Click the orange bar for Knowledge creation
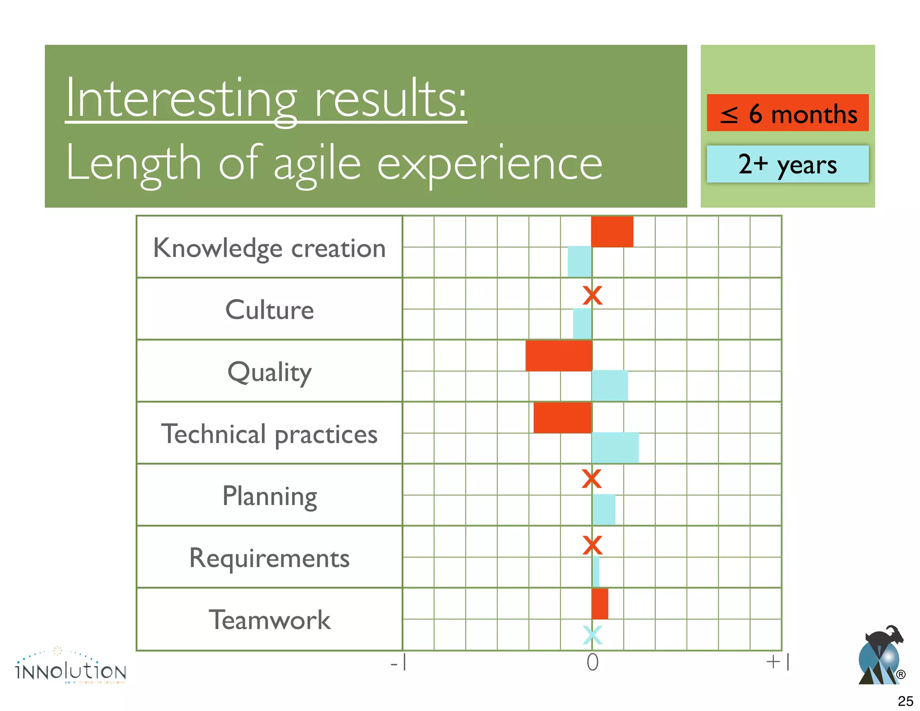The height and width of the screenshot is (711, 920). pos(612,232)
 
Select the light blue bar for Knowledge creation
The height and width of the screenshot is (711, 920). pos(579,262)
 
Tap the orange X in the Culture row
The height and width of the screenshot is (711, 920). pos(592,296)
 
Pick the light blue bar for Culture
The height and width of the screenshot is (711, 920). pos(582,324)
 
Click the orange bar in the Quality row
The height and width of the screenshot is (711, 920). pos(559,356)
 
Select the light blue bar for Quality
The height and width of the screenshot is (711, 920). pos(610,386)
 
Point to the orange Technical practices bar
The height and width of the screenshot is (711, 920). pos(562,418)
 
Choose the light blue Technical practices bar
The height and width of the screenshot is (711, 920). pos(615,448)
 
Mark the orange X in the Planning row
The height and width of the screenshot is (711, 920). pos(591,479)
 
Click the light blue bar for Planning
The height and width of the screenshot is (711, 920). pos(604,510)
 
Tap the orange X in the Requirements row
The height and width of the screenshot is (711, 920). pos(592,545)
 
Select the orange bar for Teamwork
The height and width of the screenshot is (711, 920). pos(600,604)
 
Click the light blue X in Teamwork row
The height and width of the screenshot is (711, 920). pos(592,635)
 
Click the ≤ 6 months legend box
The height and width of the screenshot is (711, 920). pos(787,113)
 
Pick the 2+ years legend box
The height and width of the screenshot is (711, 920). pos(787,164)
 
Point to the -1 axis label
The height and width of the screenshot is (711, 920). pos(399,662)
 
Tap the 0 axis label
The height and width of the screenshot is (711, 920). pos(593,662)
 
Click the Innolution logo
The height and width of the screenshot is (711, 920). pos(71,667)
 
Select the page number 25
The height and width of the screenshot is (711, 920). pos(905,701)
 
